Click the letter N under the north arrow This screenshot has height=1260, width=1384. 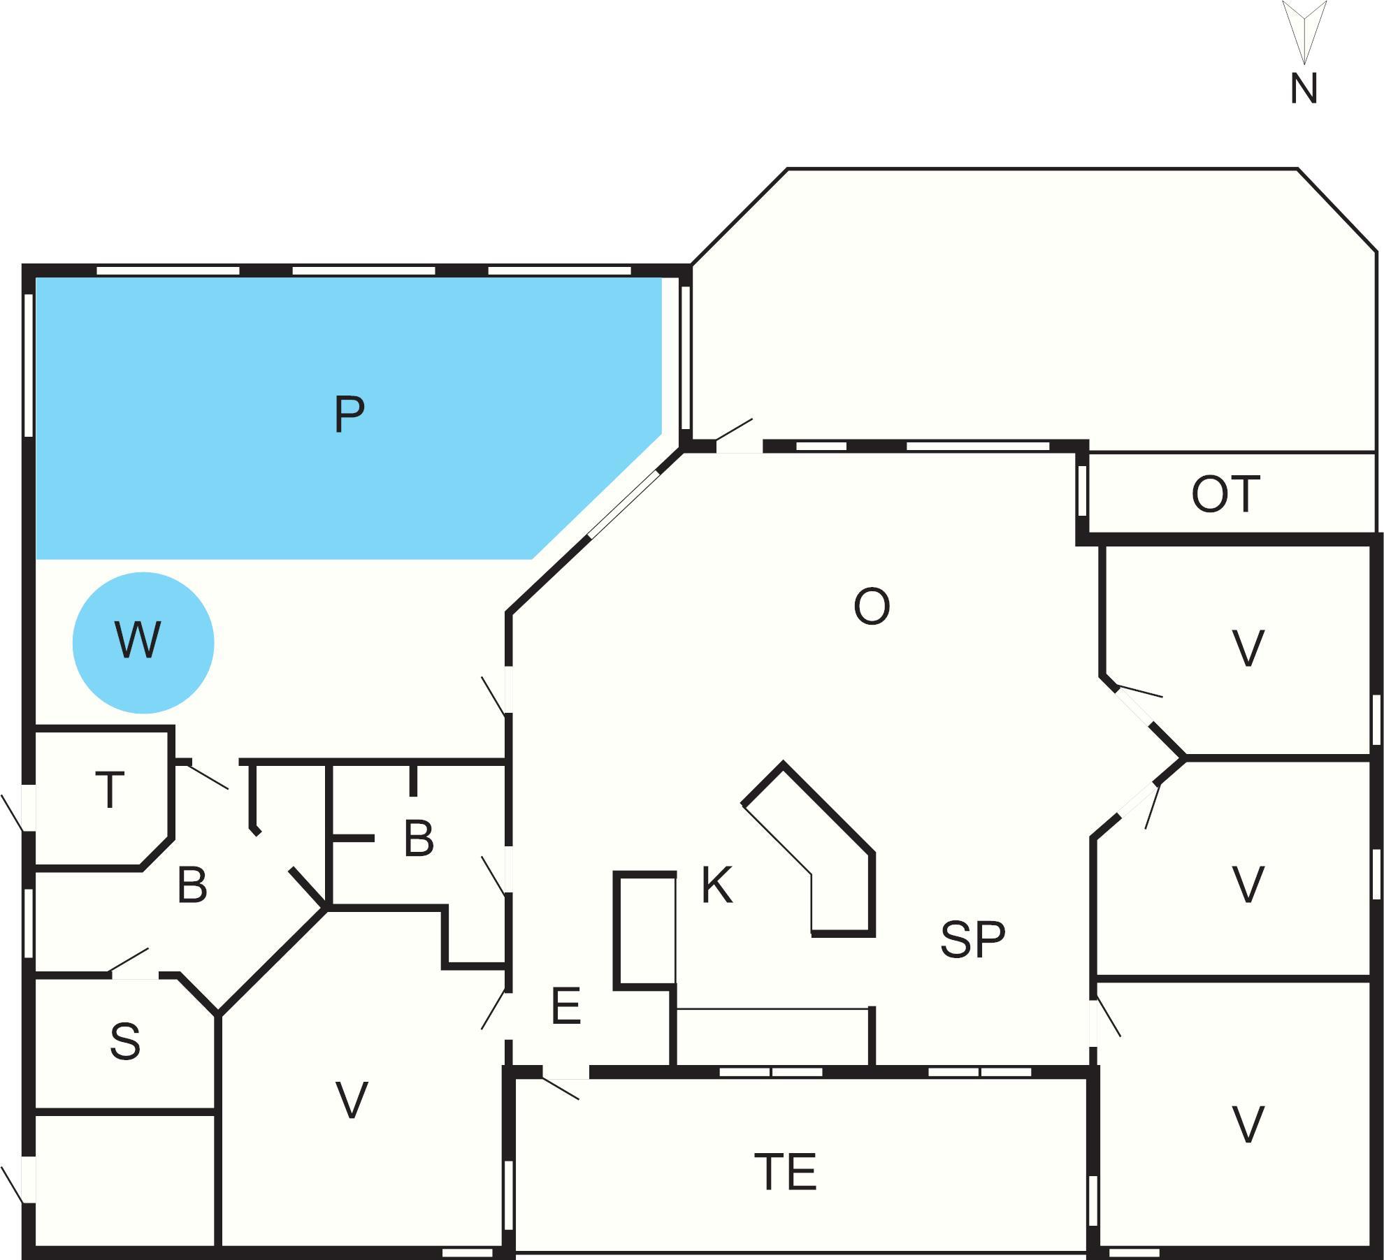tap(1304, 89)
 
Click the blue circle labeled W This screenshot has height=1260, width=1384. tap(143, 642)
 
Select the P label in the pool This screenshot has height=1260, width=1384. tap(349, 414)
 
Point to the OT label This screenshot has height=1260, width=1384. tap(1225, 495)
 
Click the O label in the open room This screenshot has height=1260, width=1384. tap(872, 607)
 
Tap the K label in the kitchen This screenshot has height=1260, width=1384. tap(717, 885)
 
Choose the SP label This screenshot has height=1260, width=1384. tap(972, 939)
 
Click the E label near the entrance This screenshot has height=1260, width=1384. tap(565, 1007)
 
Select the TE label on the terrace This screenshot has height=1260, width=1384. tap(785, 1172)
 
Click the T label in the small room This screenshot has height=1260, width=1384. tap(110, 790)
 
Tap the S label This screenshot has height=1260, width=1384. tap(125, 1041)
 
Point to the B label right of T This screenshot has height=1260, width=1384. tap(192, 885)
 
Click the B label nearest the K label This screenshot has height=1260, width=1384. tap(419, 838)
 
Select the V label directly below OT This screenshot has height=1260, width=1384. tap(1248, 649)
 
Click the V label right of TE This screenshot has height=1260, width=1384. tap(1248, 1124)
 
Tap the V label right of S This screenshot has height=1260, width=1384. tap(352, 1100)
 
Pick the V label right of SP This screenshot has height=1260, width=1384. tap(1248, 884)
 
